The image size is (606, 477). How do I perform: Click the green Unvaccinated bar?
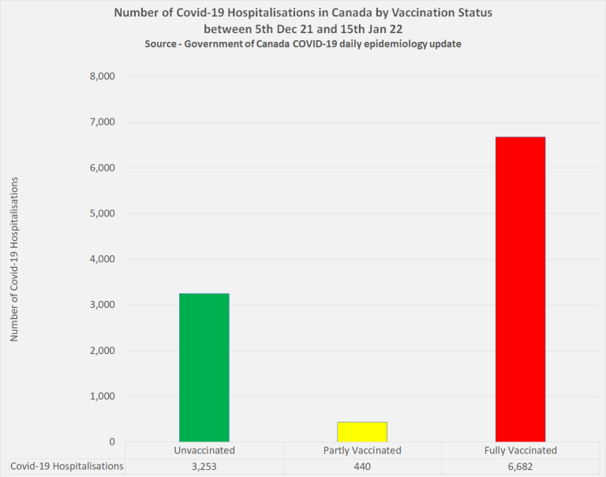pos(204,367)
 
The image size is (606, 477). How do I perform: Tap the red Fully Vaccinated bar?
pos(520,289)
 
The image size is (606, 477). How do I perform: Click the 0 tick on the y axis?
pos(111,441)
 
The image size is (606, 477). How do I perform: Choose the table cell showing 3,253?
pos(204,467)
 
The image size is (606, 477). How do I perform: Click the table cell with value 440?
pos(362,467)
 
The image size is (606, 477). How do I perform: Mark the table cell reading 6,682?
pos(520,467)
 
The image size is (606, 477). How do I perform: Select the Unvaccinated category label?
pos(204,450)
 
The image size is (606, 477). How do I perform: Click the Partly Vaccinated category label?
pos(362,450)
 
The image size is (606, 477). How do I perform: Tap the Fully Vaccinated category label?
pos(520,450)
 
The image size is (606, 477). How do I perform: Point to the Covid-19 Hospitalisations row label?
pos(67,467)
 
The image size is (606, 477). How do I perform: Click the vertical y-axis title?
pos(13,259)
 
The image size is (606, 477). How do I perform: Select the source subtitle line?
pos(303,44)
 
